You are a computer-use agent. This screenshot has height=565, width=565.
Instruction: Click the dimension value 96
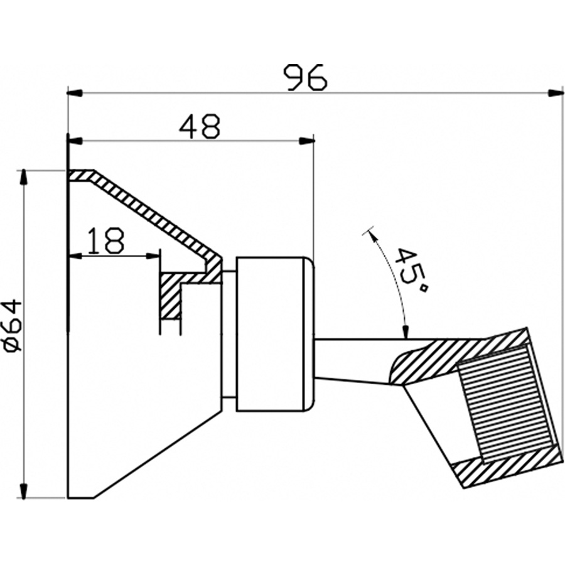point(306,77)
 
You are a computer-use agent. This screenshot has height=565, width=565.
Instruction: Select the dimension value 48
point(199,127)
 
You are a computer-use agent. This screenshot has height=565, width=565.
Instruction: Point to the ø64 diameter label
point(14,324)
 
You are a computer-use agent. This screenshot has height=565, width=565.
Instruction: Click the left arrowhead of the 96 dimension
point(75,94)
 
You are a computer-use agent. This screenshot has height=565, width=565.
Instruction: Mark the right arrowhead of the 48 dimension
point(306,141)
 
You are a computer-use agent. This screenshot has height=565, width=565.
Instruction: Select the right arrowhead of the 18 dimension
point(152,256)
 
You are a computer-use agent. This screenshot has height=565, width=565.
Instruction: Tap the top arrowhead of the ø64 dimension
point(24,178)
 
